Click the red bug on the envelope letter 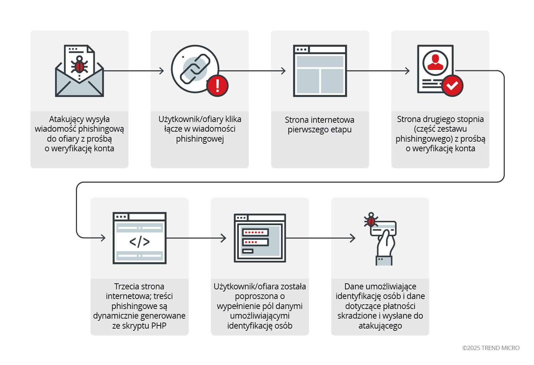tap(79, 66)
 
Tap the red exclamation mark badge tap(217, 86)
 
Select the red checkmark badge tap(452, 86)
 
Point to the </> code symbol tap(139, 242)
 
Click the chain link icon tap(195, 69)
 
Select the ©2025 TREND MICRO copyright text tap(491, 348)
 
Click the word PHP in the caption tap(159, 326)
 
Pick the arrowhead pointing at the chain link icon tap(161, 71)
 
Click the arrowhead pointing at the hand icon tap(353, 238)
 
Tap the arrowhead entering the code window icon tap(103, 238)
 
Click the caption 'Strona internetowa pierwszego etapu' tap(320, 125)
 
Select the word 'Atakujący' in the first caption tap(64, 119)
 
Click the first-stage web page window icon tap(320, 71)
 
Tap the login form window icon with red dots tap(260, 238)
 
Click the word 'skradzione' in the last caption tap(357, 316)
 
